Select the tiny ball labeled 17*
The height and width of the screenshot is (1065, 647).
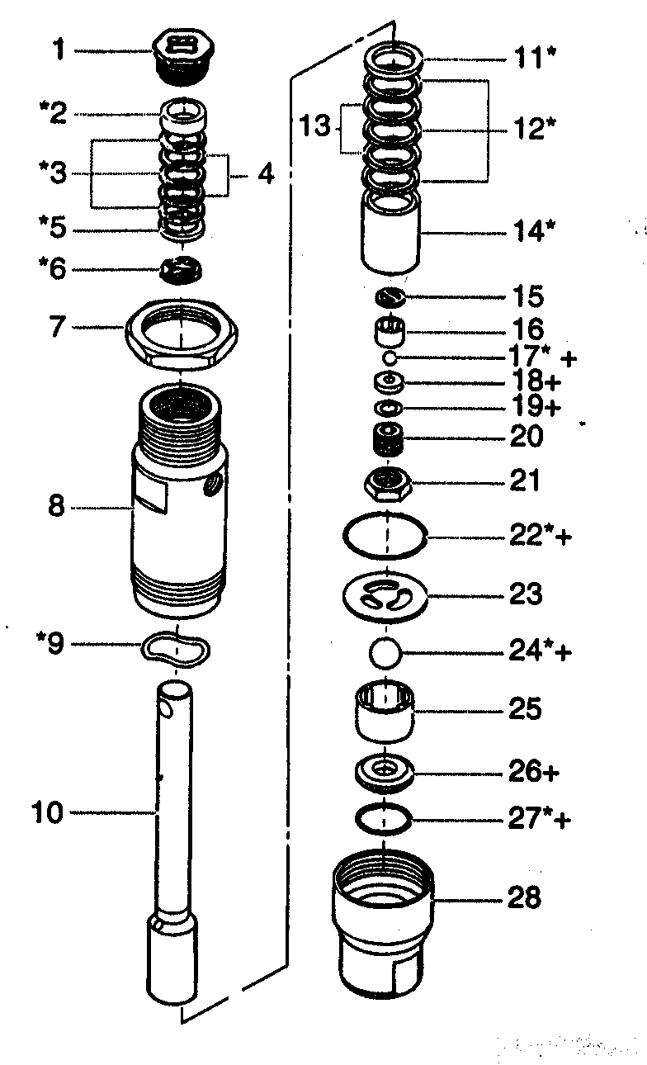[390, 357]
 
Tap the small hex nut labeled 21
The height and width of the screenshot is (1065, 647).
[386, 482]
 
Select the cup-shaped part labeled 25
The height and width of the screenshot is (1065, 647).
[384, 709]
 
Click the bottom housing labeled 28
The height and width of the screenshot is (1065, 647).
[384, 925]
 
